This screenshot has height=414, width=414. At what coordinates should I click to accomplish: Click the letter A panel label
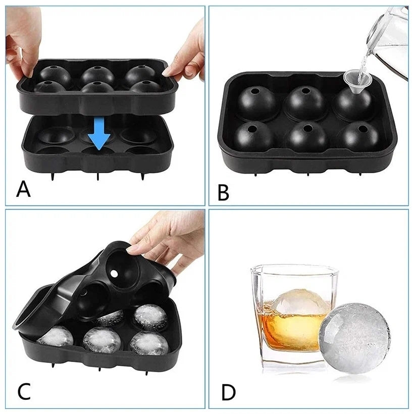(x=23, y=189)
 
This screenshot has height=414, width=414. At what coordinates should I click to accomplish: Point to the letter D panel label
(x=228, y=393)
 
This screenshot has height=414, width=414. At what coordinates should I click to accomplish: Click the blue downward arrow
(x=99, y=134)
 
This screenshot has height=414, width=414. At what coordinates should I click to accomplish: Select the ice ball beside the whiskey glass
(x=354, y=338)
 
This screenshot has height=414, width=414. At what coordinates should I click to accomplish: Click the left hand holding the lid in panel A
(x=22, y=39)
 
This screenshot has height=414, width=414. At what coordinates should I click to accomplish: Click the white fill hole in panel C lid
(x=114, y=274)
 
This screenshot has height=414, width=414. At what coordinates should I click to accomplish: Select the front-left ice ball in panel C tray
(x=56, y=336)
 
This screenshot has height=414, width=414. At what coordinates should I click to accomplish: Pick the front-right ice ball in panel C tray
(x=149, y=343)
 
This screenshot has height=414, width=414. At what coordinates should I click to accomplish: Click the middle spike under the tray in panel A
(x=98, y=177)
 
